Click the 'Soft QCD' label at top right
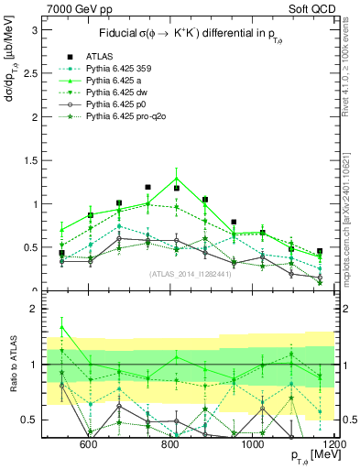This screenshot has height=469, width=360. coord(309,9)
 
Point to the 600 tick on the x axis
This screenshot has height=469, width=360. coord(89,444)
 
